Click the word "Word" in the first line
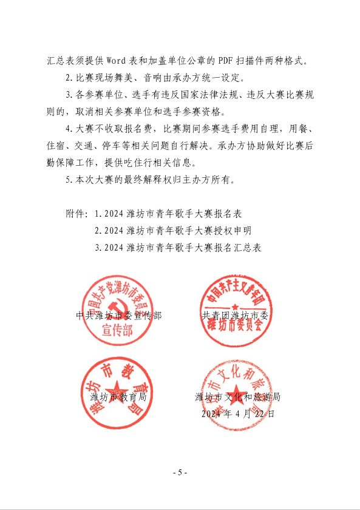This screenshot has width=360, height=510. (118, 61)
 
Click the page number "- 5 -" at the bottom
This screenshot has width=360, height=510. (180, 473)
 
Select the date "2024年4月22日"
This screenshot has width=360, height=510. (237, 413)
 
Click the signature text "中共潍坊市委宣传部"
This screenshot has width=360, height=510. (119, 316)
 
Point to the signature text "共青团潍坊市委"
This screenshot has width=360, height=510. (236, 316)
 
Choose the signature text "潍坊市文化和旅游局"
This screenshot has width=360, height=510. (237, 397)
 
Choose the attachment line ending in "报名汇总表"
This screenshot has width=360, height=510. (180, 247)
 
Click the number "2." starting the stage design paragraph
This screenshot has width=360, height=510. (69, 78)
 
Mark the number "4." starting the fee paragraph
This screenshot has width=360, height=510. (69, 129)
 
